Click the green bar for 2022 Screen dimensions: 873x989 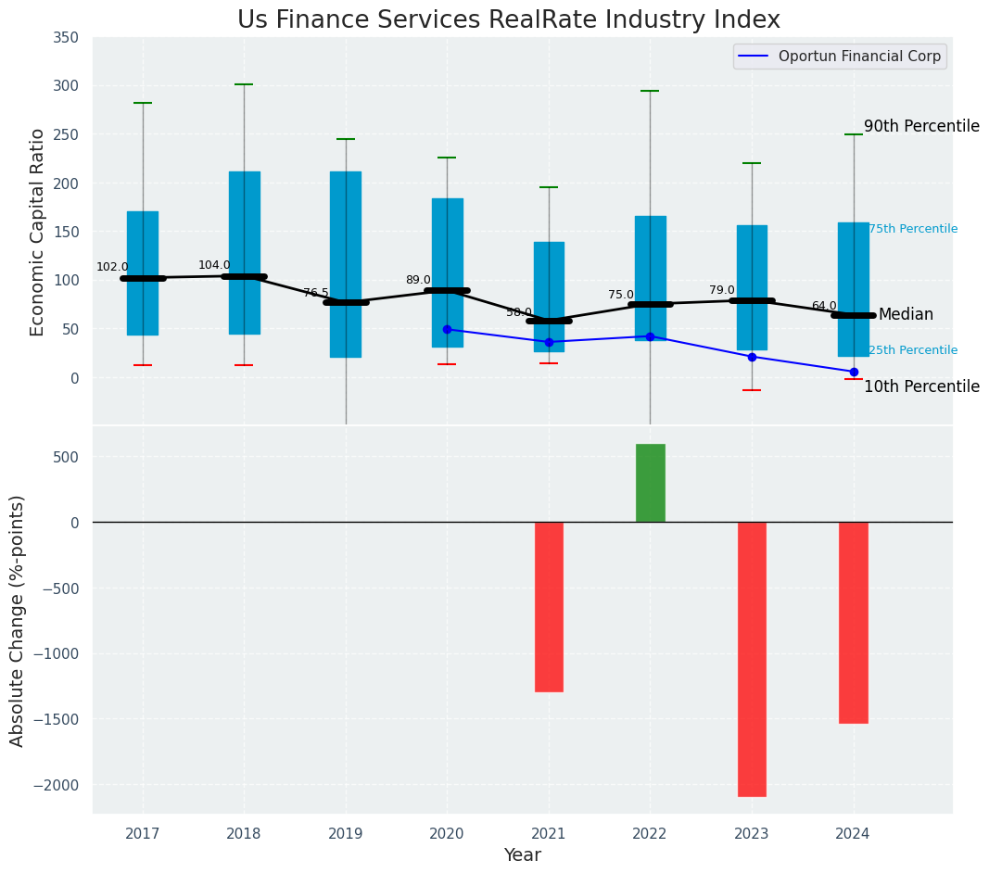(650, 483)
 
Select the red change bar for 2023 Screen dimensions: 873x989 (752, 658)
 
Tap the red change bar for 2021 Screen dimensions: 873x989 (549, 606)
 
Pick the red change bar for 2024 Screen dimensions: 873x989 (854, 622)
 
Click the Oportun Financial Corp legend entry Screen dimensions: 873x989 (840, 57)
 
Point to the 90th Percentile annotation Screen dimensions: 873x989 (920, 126)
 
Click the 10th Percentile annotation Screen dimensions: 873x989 (920, 386)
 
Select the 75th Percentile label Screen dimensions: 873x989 (912, 229)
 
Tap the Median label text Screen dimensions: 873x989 (906, 315)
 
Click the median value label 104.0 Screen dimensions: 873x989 (214, 265)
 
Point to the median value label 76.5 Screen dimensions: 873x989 (316, 292)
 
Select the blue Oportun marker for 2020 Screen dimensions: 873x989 (447, 329)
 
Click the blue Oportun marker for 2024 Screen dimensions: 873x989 (854, 372)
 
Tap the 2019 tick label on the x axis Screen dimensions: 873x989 (346, 834)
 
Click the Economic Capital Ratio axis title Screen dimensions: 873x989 (38, 232)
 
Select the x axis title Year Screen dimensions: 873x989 (522, 855)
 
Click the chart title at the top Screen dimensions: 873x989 (508, 19)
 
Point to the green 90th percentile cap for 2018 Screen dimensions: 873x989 (244, 84)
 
